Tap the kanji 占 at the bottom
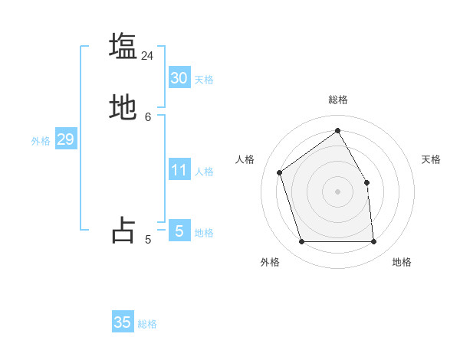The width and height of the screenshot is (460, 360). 123,231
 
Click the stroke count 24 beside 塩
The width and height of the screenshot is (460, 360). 147,56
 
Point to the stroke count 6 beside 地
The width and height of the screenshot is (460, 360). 148,117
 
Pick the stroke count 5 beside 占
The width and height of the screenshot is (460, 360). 148,240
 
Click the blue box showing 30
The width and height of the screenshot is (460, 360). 179,78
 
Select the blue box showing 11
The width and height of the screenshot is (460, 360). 179,170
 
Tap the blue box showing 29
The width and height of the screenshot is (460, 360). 65,139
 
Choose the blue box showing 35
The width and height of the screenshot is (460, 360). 123,322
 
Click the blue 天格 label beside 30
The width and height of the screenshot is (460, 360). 204,80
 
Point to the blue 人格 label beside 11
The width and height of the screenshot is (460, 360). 204,172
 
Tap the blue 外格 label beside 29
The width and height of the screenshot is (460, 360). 41,141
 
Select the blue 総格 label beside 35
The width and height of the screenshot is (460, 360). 147,324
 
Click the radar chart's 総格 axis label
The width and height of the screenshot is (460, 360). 337,100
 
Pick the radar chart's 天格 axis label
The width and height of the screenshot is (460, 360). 431,159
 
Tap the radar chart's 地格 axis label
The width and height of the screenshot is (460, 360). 402,262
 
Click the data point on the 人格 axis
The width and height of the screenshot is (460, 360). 280,172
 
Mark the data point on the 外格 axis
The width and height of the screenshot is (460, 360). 301,242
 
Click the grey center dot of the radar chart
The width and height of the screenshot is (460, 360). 337,191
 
